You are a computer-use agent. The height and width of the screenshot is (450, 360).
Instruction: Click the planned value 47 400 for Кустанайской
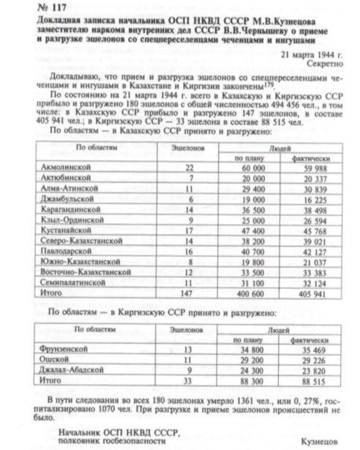[250, 231]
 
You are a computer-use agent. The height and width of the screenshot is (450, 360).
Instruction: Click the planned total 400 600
[250, 294]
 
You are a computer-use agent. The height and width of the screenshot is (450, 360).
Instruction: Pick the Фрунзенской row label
[63, 349]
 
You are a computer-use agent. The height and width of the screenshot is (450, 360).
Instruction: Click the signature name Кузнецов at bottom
[320, 441]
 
